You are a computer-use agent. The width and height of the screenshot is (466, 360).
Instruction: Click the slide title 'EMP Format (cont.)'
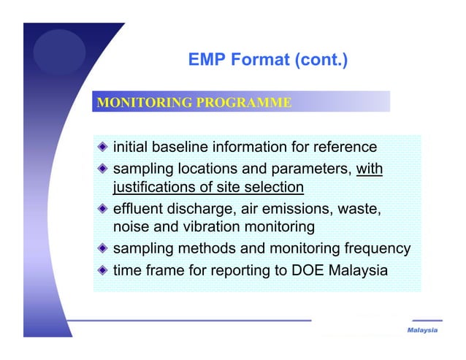267,60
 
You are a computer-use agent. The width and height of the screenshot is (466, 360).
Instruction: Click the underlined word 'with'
369,169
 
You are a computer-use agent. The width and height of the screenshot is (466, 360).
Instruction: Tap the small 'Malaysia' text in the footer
422,331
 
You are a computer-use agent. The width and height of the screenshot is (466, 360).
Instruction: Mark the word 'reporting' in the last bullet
242,271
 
